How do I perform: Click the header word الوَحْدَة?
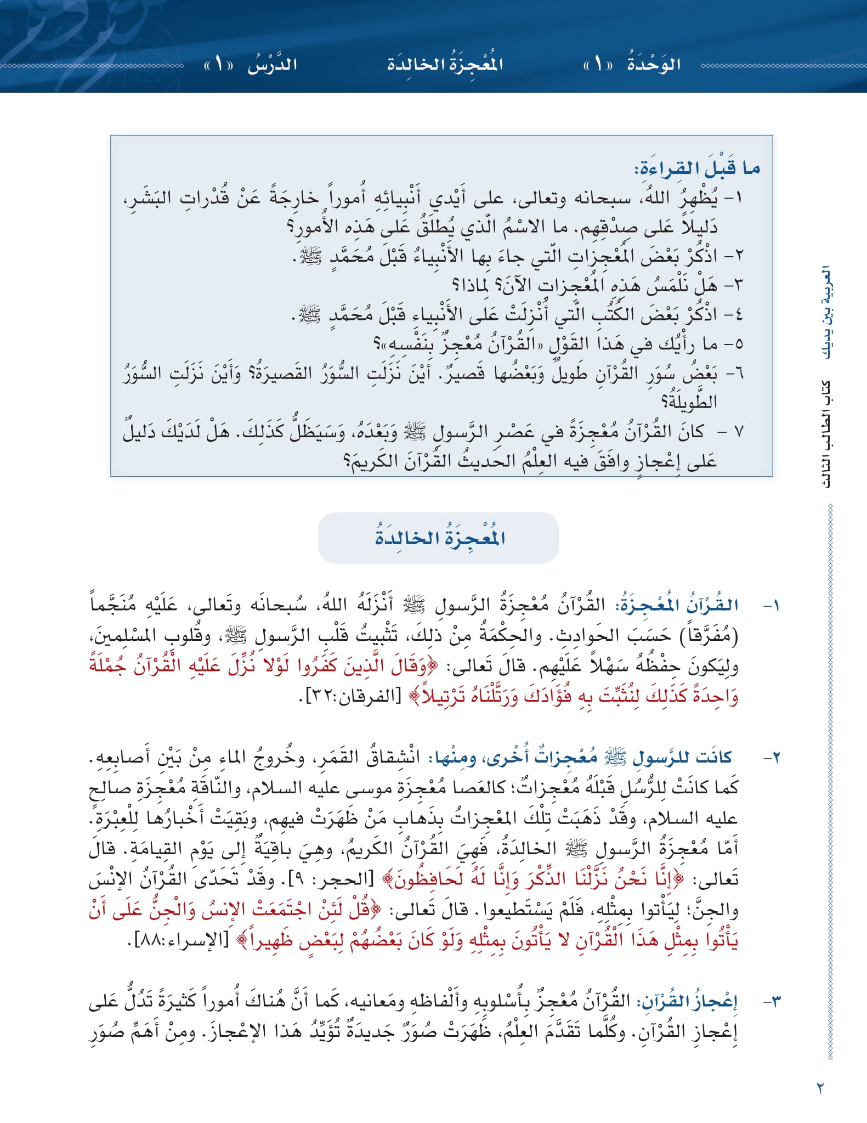coord(653,65)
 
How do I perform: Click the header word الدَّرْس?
coord(272,65)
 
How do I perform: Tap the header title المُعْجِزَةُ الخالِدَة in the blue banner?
coord(445,65)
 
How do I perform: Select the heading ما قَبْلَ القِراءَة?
coord(697,168)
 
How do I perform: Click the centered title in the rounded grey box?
coord(439,538)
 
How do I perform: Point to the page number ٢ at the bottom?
coord(820,1087)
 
